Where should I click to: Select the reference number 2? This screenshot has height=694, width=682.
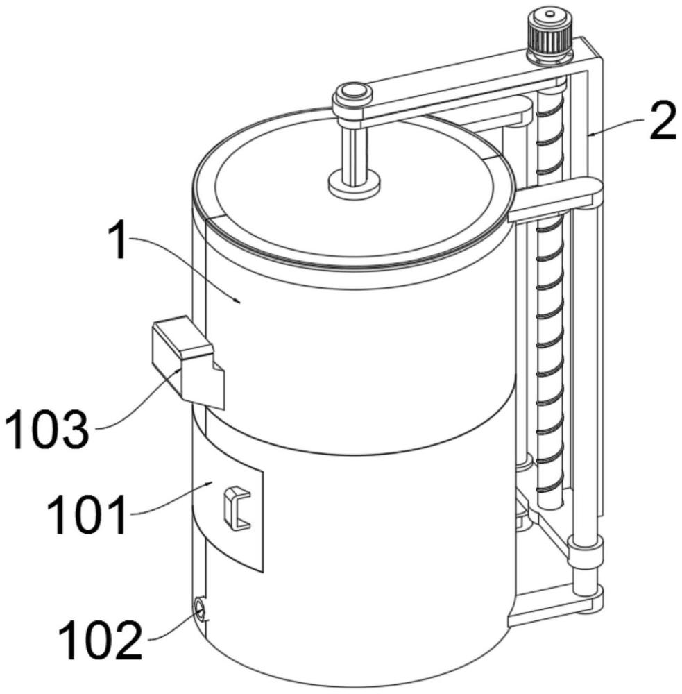point(663,120)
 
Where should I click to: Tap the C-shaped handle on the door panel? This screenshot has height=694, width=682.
point(237,508)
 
